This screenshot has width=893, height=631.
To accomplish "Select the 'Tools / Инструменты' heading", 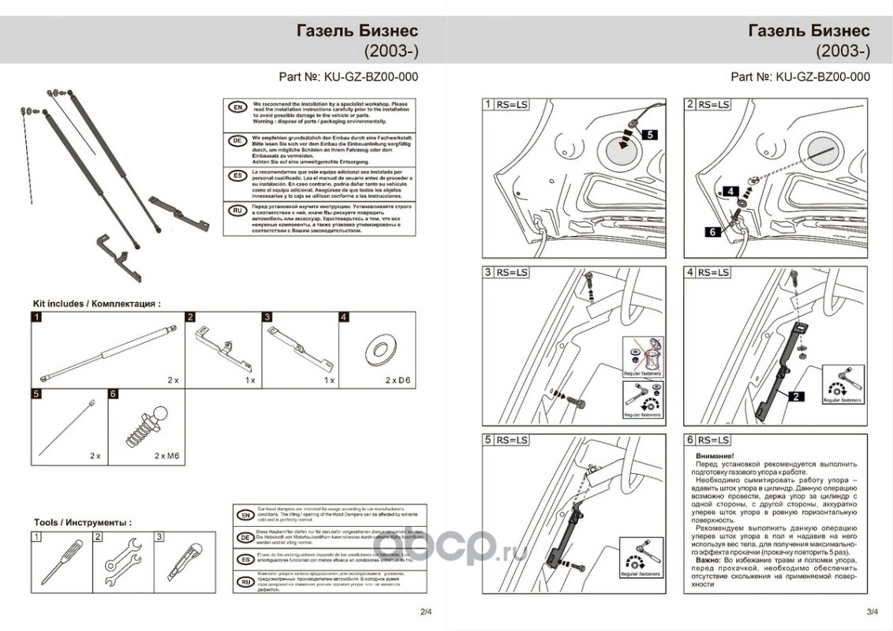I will [82, 522].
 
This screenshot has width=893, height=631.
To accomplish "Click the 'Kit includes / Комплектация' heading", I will [96, 303].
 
